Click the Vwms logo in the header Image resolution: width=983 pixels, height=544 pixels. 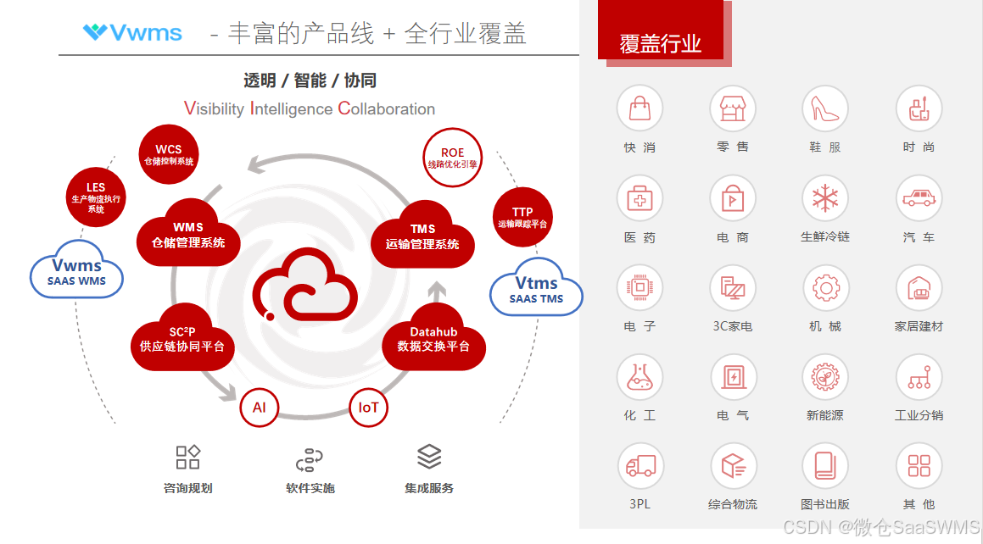pyautogui.click(x=132, y=32)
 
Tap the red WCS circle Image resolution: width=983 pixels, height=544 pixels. pyautogui.click(x=168, y=153)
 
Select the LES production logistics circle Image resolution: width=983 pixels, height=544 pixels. pyautogui.click(x=96, y=197)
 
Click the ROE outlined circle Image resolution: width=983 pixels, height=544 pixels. pyautogui.click(x=452, y=158)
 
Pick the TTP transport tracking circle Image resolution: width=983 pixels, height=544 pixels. pyautogui.click(x=522, y=217)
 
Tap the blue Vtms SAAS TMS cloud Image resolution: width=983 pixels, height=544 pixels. pyautogui.click(x=537, y=289)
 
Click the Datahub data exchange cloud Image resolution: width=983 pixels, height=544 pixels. pyautogui.click(x=433, y=339)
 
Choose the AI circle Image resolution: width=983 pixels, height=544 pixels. pyautogui.click(x=260, y=408)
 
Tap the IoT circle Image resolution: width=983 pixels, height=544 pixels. pyautogui.click(x=369, y=408)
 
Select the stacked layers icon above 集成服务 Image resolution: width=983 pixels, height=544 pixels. pyautogui.click(x=429, y=457)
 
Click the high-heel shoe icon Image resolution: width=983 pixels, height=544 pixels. pyautogui.click(x=825, y=108)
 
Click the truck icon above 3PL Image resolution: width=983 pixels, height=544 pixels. pyautogui.click(x=640, y=466)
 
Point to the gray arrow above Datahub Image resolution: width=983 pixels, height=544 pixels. pyautogui.click(x=437, y=293)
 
